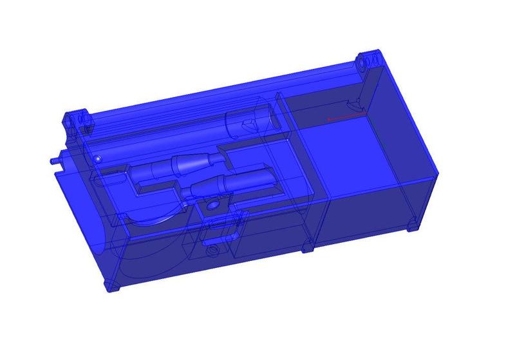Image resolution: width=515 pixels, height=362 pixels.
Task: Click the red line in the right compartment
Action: [346, 117]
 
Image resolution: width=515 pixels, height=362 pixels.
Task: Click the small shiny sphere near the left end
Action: [97, 158]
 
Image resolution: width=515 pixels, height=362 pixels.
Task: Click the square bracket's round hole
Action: [212, 205]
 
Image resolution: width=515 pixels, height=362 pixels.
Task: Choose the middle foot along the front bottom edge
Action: [308, 247]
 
